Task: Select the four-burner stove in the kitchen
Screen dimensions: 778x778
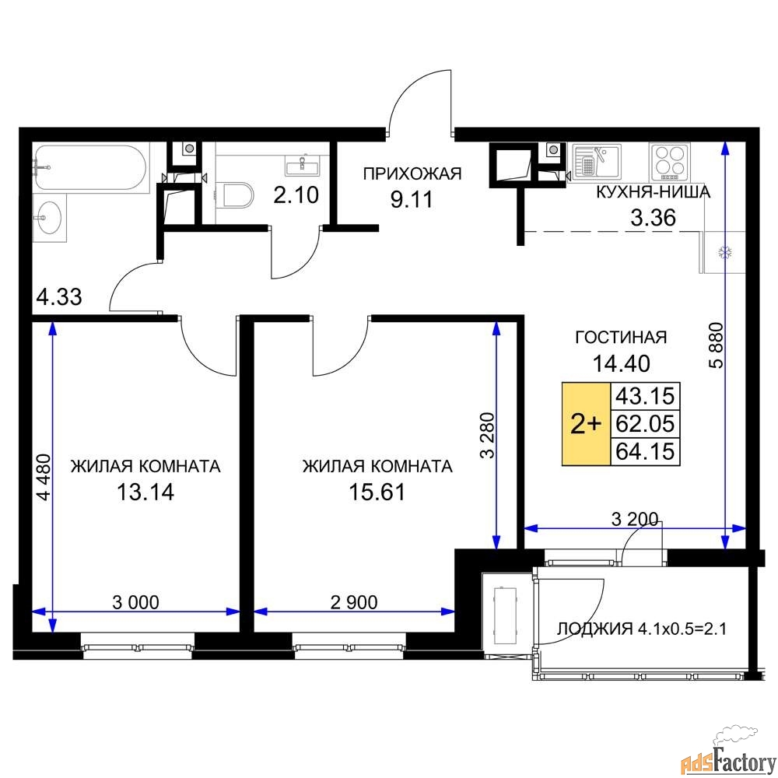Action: click(x=669, y=161)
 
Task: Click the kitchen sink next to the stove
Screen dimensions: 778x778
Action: click(x=596, y=161)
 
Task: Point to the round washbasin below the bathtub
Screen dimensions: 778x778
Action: click(x=49, y=213)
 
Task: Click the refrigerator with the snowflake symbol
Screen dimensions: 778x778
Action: click(x=723, y=252)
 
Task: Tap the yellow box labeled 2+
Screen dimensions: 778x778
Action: click(x=586, y=424)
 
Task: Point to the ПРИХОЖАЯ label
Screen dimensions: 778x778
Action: click(x=412, y=173)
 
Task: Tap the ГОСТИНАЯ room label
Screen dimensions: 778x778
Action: click(x=620, y=337)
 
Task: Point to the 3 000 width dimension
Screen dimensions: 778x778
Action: click(x=136, y=601)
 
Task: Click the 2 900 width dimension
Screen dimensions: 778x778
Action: click(x=353, y=601)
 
